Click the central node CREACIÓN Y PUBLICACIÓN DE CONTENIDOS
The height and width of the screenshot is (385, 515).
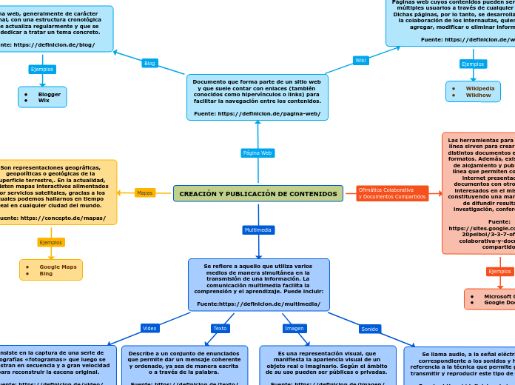click(x=258, y=194)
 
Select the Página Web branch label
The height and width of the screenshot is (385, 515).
click(x=257, y=153)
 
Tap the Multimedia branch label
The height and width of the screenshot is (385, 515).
click(x=258, y=230)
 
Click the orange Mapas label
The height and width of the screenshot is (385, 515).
click(x=145, y=193)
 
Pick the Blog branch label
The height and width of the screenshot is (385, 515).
click(x=149, y=64)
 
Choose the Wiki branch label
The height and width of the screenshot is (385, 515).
click(x=360, y=61)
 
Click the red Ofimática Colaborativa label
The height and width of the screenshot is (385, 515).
click(x=391, y=193)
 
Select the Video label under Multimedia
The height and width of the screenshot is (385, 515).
click(x=150, y=328)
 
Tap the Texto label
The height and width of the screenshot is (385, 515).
click(x=221, y=328)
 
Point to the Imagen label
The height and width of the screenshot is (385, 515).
click(x=294, y=328)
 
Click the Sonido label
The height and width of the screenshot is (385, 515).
click(x=370, y=329)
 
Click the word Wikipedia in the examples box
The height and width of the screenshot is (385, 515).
click(x=479, y=88)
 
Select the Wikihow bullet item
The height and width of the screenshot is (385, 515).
click(x=478, y=96)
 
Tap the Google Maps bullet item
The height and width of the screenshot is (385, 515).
click(x=58, y=267)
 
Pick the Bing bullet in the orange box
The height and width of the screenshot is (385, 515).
click(x=46, y=274)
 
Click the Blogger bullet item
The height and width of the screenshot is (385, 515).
click(x=50, y=94)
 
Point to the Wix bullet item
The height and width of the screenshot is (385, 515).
click(x=44, y=101)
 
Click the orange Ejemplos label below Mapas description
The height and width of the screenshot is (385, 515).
click(x=51, y=242)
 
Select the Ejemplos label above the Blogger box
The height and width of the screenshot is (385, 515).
click(x=42, y=70)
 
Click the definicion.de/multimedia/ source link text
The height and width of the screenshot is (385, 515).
click(x=258, y=304)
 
